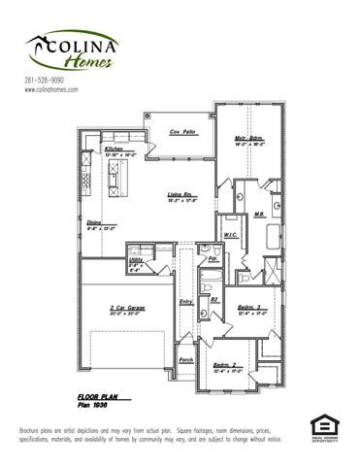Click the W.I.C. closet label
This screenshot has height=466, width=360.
click(231, 234)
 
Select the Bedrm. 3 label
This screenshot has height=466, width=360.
click(251, 308)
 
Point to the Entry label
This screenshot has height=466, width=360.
click(186, 302)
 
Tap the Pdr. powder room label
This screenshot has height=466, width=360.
click(212, 259)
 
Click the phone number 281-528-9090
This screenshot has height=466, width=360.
click(44, 79)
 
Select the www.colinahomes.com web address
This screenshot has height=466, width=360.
click(50, 88)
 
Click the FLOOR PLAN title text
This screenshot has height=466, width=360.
click(98, 398)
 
